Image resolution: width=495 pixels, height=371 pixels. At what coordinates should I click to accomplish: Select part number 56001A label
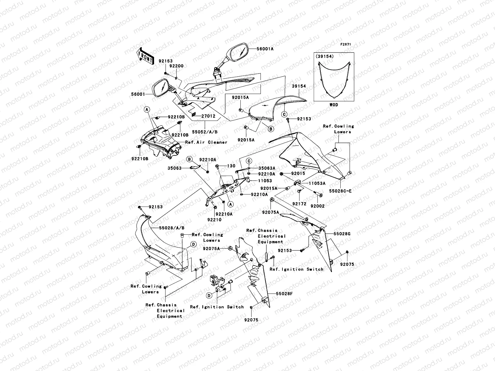pyautogui.click(x=265, y=49)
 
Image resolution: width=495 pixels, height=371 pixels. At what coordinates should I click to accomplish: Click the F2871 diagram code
pyautogui.click(x=346, y=45)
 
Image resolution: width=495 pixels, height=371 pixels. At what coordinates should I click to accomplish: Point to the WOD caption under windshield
pyautogui.click(x=334, y=105)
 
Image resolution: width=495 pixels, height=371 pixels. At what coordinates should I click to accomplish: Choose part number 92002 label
pyautogui.click(x=318, y=206)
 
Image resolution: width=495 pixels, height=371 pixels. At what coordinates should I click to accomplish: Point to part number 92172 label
pyautogui.click(x=299, y=204)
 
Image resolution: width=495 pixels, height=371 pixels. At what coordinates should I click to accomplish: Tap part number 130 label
pyautogui.click(x=231, y=166)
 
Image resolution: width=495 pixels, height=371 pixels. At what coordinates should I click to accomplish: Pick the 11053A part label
pyautogui.click(x=317, y=183)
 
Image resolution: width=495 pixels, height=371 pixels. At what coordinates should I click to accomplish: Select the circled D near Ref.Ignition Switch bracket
pyautogui.click(x=209, y=296)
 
